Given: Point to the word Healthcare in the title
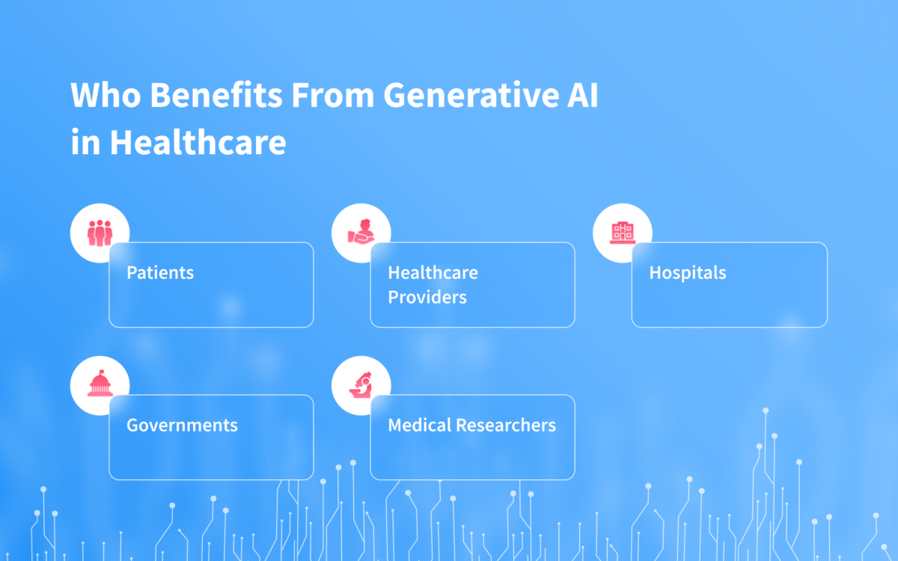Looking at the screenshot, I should click(x=198, y=141).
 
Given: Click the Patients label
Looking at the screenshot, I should click(x=160, y=272).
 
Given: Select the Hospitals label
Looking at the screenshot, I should click(x=688, y=272).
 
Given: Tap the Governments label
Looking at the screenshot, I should click(x=182, y=426).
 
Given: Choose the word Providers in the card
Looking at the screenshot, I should click(x=427, y=297).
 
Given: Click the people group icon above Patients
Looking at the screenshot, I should click(x=100, y=233).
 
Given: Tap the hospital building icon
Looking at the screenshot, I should click(x=623, y=233).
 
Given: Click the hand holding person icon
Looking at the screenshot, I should click(x=361, y=233).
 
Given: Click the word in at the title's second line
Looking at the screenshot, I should click(x=85, y=141).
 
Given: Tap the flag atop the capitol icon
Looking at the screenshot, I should click(x=102, y=373).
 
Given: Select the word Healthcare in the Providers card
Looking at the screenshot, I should click(x=433, y=272).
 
